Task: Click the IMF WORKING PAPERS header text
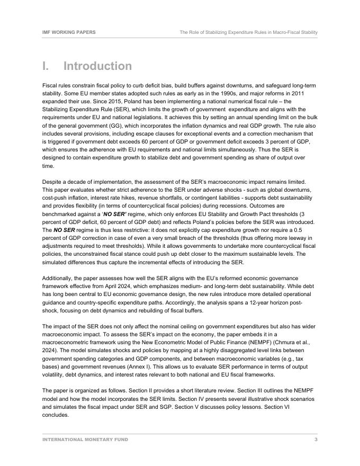pyautogui.click(x=69, y=32)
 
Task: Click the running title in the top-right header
pyautogui.click(x=248, y=32)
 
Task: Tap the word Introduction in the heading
pyautogui.click(x=97, y=66)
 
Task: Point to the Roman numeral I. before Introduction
pyautogui.click(x=47, y=66)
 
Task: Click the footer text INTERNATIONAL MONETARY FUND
pyautogui.click(x=85, y=440)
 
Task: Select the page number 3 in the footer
pyautogui.click(x=316, y=440)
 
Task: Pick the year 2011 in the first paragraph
pyautogui.click(x=308, y=93)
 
